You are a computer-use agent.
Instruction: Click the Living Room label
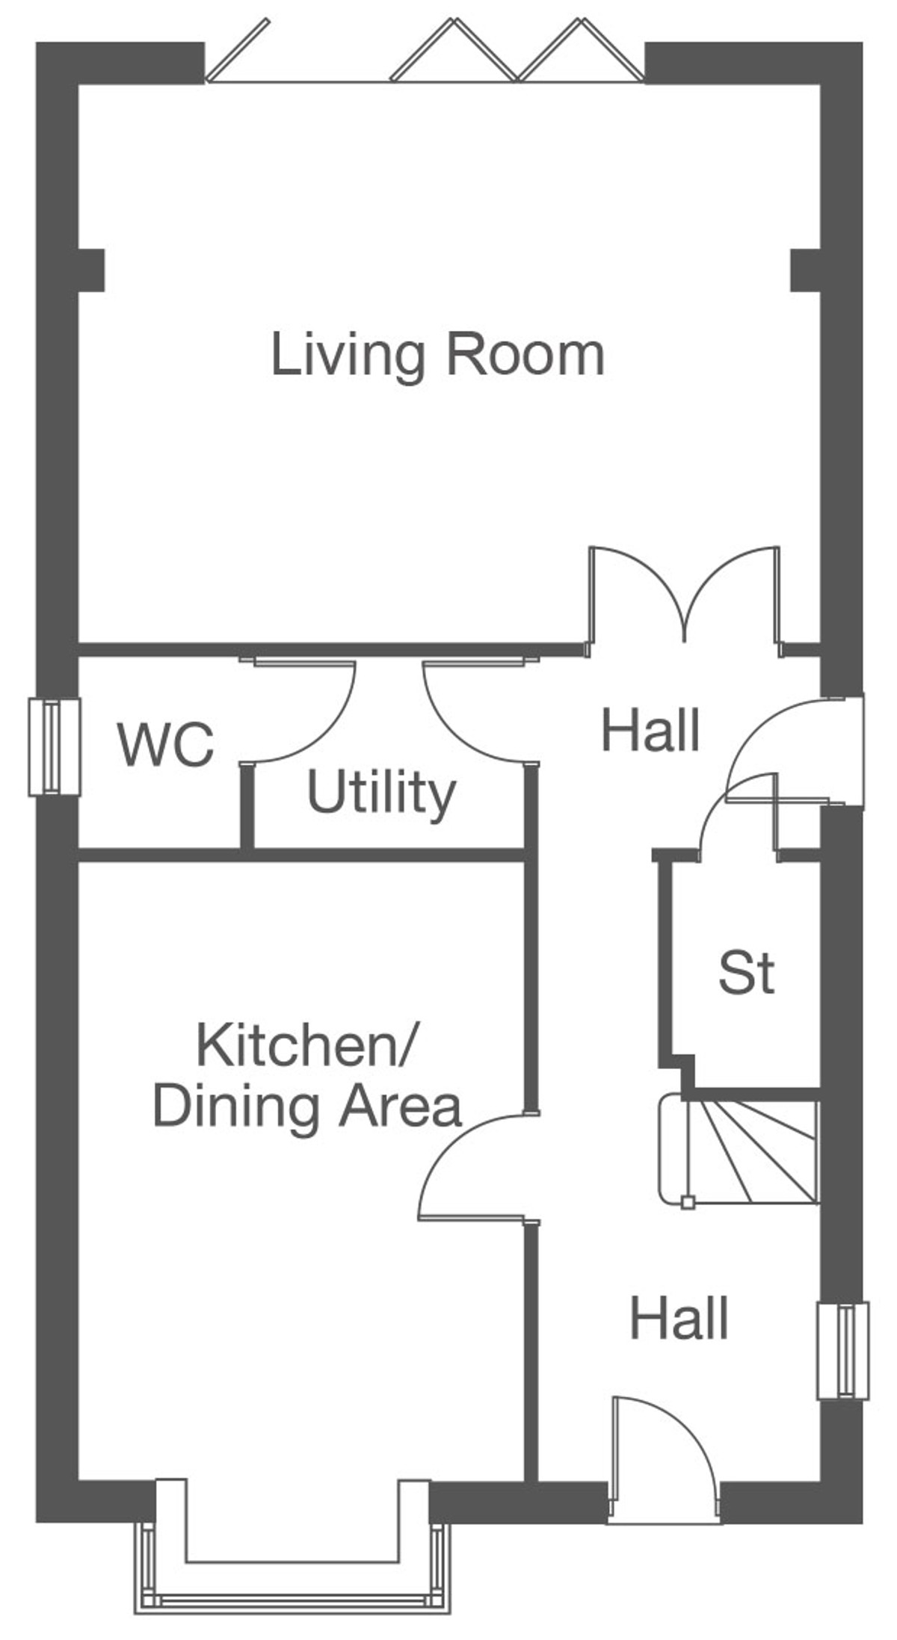[437, 356]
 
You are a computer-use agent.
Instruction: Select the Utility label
[381, 793]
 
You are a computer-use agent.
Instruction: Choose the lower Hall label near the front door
[679, 1318]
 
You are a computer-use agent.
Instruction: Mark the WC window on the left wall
[54, 746]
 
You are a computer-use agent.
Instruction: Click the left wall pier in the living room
[91, 270]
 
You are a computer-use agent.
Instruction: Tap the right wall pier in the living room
[806, 270]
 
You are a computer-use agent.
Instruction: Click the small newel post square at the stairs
[688, 1202]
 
